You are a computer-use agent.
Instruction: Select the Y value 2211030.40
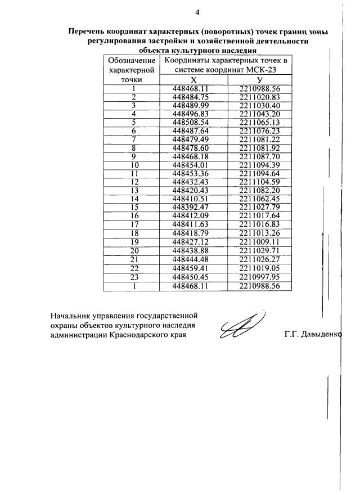259,105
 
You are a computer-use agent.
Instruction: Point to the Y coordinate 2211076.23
259,130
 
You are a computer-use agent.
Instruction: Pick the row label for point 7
134,139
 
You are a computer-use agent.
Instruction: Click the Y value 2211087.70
259,156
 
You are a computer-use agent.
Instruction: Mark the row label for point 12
134,181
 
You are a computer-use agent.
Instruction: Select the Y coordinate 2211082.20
259,190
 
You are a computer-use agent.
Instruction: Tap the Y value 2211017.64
259,215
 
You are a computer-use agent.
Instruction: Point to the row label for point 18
134,232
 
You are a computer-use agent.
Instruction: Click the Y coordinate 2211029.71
259,249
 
